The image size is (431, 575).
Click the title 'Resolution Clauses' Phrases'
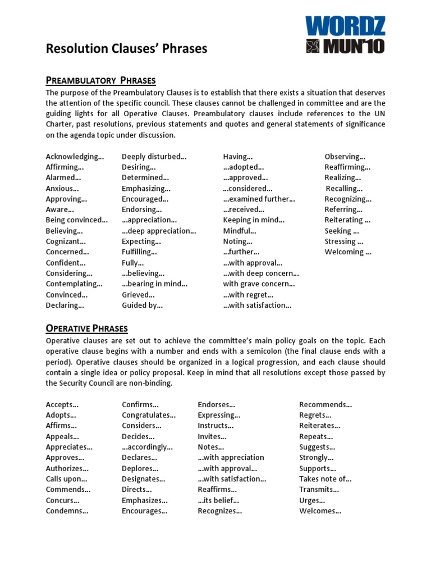tap(126, 49)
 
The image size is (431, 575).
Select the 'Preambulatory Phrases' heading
tap(100, 80)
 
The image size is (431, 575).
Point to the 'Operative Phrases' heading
tap(86, 328)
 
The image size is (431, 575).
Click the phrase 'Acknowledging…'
tap(75, 157)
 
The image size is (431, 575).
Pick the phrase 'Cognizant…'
tap(66, 241)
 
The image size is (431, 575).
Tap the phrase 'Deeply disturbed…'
tap(154, 157)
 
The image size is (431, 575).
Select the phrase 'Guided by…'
tap(142, 305)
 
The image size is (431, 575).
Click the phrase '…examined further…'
tap(259, 199)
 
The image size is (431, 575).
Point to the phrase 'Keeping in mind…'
tap(254, 220)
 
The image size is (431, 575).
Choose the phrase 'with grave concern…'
tap(259, 284)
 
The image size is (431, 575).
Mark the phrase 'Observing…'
tap(345, 157)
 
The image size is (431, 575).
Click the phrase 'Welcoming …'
tap(348, 252)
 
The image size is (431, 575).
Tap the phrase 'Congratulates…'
tap(149, 415)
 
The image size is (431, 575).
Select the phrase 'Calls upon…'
tap(67, 479)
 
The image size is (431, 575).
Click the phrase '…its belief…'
tap(218, 500)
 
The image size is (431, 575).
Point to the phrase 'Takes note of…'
tap(325, 479)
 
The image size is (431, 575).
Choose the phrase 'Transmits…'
tap(319, 490)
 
